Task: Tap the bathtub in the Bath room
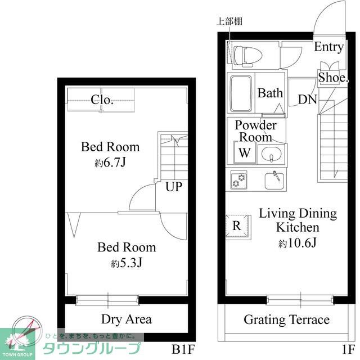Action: click(241, 93)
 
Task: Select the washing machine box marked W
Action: click(245, 152)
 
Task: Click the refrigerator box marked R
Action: click(237, 226)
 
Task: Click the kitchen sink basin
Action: click(274, 181)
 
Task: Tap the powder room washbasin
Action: click(271, 154)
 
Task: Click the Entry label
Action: click(328, 47)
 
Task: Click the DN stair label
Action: click(308, 100)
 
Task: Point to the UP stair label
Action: click(174, 187)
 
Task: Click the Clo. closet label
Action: click(102, 100)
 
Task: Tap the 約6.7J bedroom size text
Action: click(110, 163)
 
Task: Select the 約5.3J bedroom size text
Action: click(127, 263)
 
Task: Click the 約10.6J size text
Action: click(298, 243)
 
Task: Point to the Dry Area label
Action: click(127, 319)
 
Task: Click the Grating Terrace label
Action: click(287, 320)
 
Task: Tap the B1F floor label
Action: click(183, 350)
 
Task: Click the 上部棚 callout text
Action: click(229, 21)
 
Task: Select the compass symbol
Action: click(27, 331)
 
